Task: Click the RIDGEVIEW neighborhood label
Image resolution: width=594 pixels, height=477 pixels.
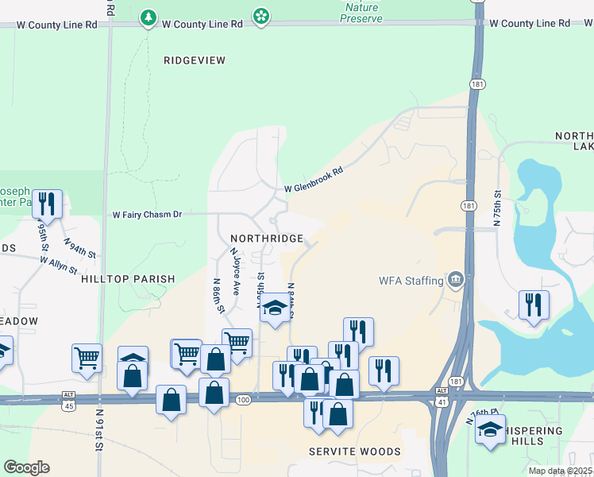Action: pyautogui.click(x=195, y=60)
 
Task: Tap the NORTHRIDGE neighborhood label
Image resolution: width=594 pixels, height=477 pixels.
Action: pyautogui.click(x=267, y=238)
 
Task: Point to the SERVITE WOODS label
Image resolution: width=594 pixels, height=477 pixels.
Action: pyautogui.click(x=355, y=452)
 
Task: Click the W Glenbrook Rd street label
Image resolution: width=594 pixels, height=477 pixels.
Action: pyautogui.click(x=314, y=180)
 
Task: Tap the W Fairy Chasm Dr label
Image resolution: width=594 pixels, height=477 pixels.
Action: pyautogui.click(x=148, y=215)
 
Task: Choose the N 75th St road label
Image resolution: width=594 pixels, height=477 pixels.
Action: pyautogui.click(x=499, y=208)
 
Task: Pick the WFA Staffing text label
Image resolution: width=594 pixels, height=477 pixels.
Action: pyautogui.click(x=410, y=280)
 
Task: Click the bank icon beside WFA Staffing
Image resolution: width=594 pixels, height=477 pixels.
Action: pyautogui.click(x=456, y=279)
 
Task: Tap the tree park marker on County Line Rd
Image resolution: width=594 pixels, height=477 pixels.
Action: pyautogui.click(x=148, y=17)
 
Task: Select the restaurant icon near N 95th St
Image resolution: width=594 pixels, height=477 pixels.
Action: pyautogui.click(x=47, y=204)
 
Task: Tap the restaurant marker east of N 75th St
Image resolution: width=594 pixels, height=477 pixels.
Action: pyautogui.click(x=534, y=304)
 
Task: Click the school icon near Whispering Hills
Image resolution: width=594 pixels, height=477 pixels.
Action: pyautogui.click(x=490, y=430)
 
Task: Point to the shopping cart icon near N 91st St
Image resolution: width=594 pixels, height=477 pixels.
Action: pyautogui.click(x=87, y=357)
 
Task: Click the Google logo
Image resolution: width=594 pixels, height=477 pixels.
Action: pyautogui.click(x=27, y=467)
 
